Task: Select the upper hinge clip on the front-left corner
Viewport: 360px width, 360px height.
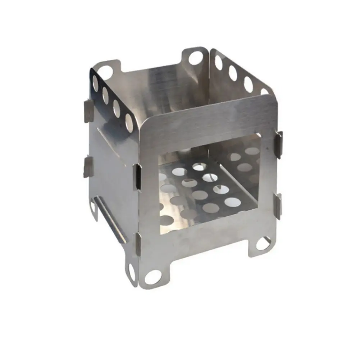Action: (137, 177)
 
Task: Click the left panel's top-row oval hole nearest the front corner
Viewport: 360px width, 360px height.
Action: (129, 122)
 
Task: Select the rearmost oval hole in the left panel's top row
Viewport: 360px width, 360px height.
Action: (95, 84)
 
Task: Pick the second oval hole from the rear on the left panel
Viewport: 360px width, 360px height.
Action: (106, 95)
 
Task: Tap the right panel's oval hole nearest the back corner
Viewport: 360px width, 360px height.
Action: (218, 63)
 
